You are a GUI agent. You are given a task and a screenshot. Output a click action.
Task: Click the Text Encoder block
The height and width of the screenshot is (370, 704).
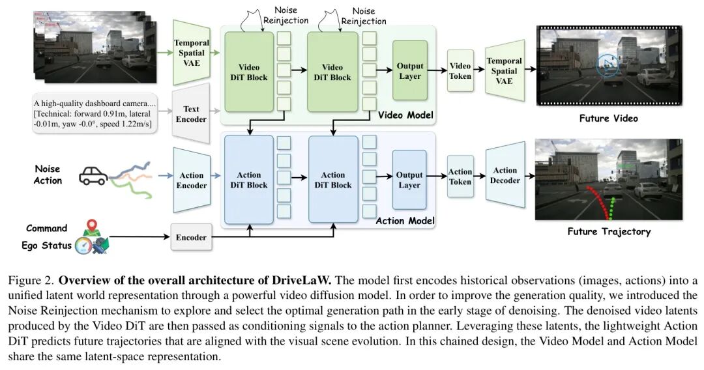(x=191, y=114)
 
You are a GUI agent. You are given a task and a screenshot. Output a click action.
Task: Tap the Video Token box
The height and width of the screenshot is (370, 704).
(x=460, y=71)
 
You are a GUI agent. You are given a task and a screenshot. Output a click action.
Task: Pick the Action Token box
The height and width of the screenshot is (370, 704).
(x=460, y=177)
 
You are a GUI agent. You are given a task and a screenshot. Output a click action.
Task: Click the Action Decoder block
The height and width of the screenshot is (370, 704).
(x=505, y=175)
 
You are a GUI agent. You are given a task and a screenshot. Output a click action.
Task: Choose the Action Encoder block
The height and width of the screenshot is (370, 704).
(x=192, y=180)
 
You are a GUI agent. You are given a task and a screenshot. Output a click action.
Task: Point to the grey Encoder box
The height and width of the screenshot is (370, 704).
(x=191, y=237)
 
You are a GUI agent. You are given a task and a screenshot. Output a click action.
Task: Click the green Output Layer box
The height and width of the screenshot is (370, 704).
(x=410, y=71)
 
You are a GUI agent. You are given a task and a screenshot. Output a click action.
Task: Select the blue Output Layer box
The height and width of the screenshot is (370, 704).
(x=409, y=180)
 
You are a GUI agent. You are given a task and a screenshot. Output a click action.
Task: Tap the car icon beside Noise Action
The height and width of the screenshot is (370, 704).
(x=94, y=176)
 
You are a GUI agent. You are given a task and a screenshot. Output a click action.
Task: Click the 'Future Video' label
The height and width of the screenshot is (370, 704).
(x=608, y=119)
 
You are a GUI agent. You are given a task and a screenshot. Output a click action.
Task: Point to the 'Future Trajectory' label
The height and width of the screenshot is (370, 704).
(x=609, y=231)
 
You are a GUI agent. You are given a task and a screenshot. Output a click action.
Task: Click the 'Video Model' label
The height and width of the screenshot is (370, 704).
(x=405, y=116)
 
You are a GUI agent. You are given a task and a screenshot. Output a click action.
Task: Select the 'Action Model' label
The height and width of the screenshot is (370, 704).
(x=405, y=221)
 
